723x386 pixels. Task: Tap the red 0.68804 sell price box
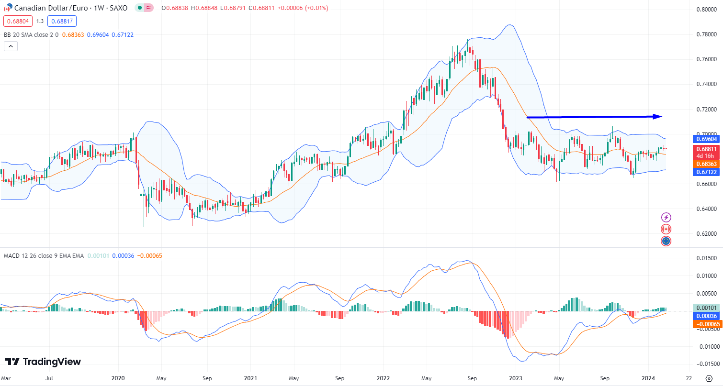(x=18, y=21)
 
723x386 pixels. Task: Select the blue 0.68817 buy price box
(x=62, y=21)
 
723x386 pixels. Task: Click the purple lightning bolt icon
(x=666, y=218)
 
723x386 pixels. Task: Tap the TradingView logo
(x=43, y=362)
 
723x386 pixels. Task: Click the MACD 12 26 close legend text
(x=44, y=256)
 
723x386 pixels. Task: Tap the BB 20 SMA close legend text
(x=31, y=34)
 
